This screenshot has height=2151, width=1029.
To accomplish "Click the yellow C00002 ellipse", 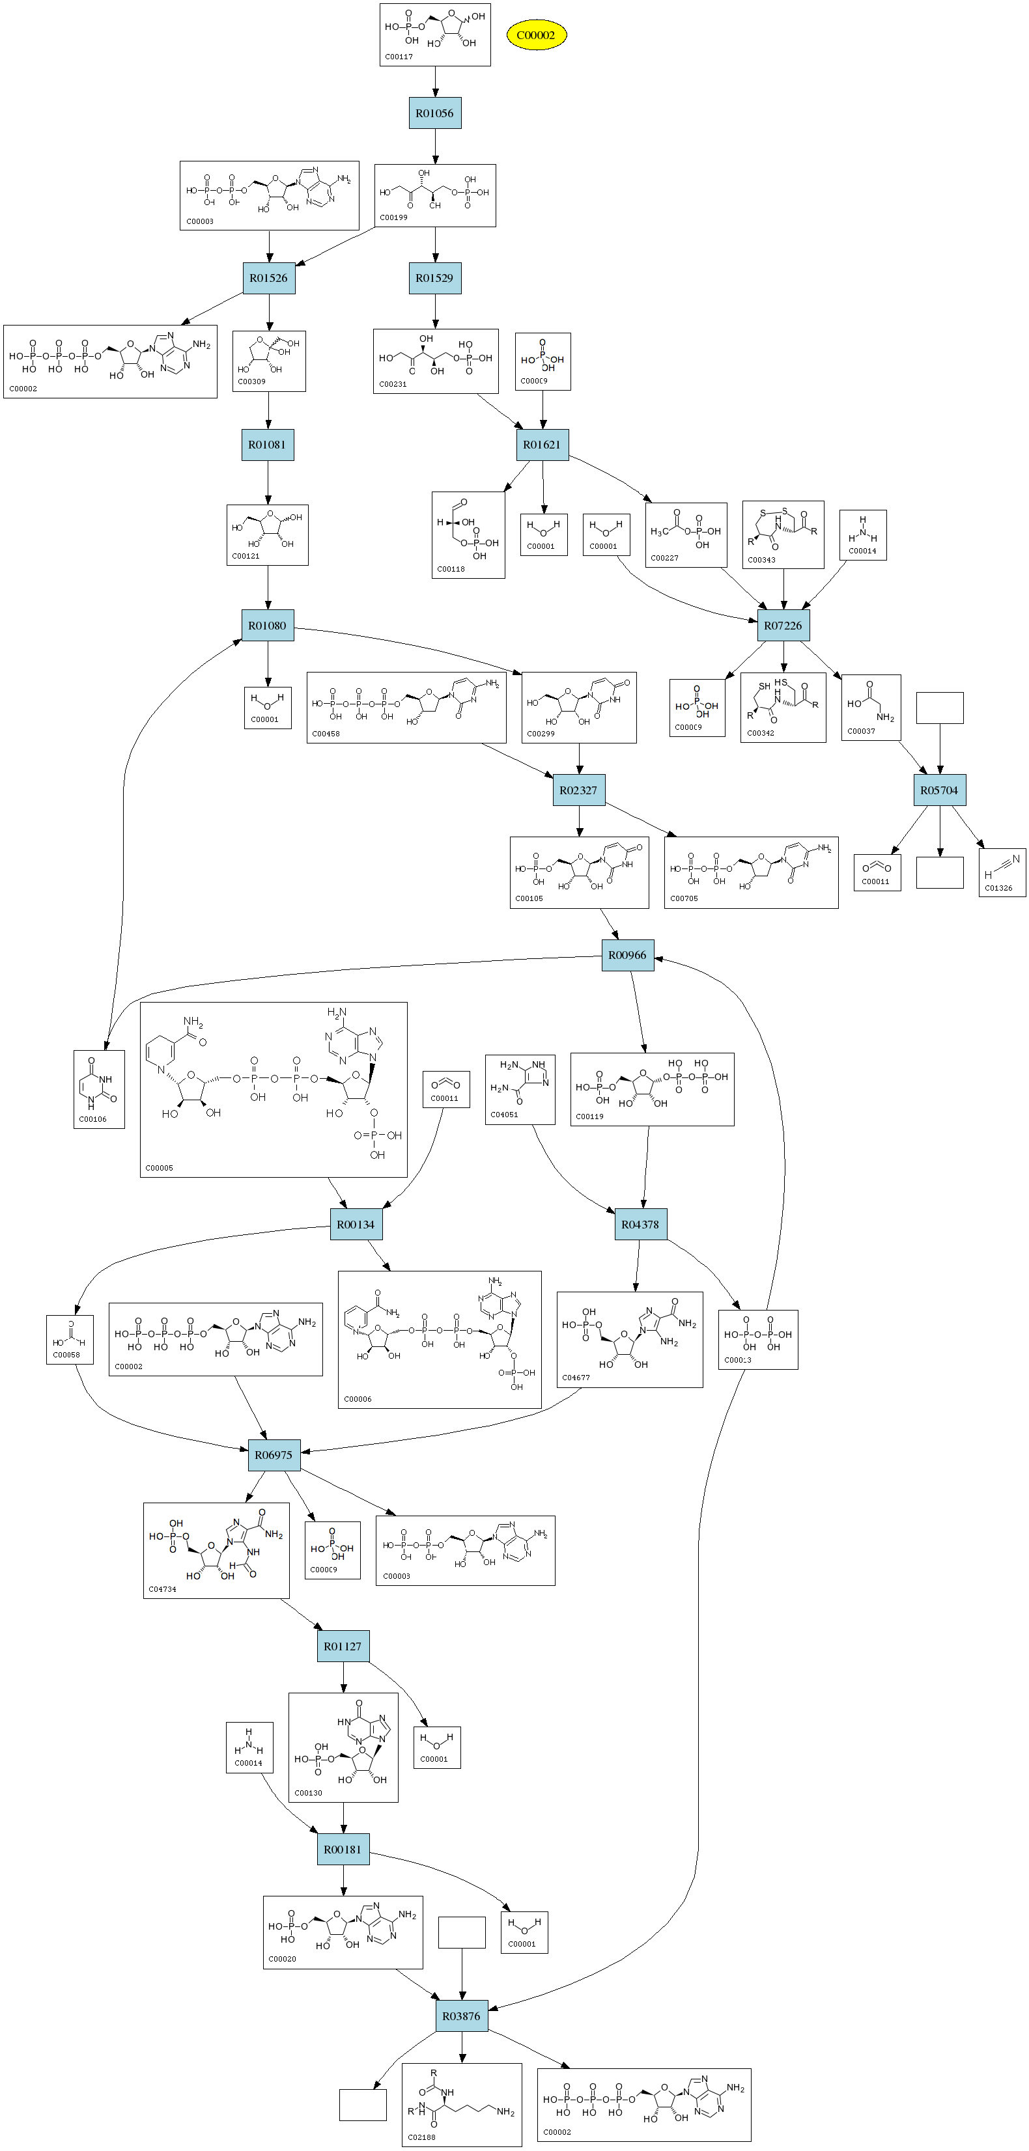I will (535, 35).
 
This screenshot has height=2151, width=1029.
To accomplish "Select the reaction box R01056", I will (434, 113).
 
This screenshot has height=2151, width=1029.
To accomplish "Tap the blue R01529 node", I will (434, 278).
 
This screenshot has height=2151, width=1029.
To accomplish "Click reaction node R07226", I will (783, 626).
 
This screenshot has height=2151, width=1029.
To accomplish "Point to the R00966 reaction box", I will (627, 955).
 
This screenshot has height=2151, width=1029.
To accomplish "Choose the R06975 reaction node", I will (274, 1454).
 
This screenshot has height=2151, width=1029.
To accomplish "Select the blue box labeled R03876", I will (461, 2016).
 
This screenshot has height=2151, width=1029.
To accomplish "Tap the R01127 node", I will (343, 1646).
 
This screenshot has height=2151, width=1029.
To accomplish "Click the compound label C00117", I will (399, 57).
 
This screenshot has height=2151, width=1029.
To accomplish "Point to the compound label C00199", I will (394, 217).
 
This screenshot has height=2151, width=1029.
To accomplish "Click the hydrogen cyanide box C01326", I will (1002, 872).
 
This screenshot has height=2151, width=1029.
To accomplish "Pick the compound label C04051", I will (505, 1114).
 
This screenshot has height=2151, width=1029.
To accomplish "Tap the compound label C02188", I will (422, 2137).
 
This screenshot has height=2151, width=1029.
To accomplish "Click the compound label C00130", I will (308, 1792).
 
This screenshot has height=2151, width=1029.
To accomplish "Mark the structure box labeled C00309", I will (268, 361).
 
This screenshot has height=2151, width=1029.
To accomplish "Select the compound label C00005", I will (160, 1167).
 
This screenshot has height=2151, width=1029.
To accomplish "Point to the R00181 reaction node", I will (343, 1849).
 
